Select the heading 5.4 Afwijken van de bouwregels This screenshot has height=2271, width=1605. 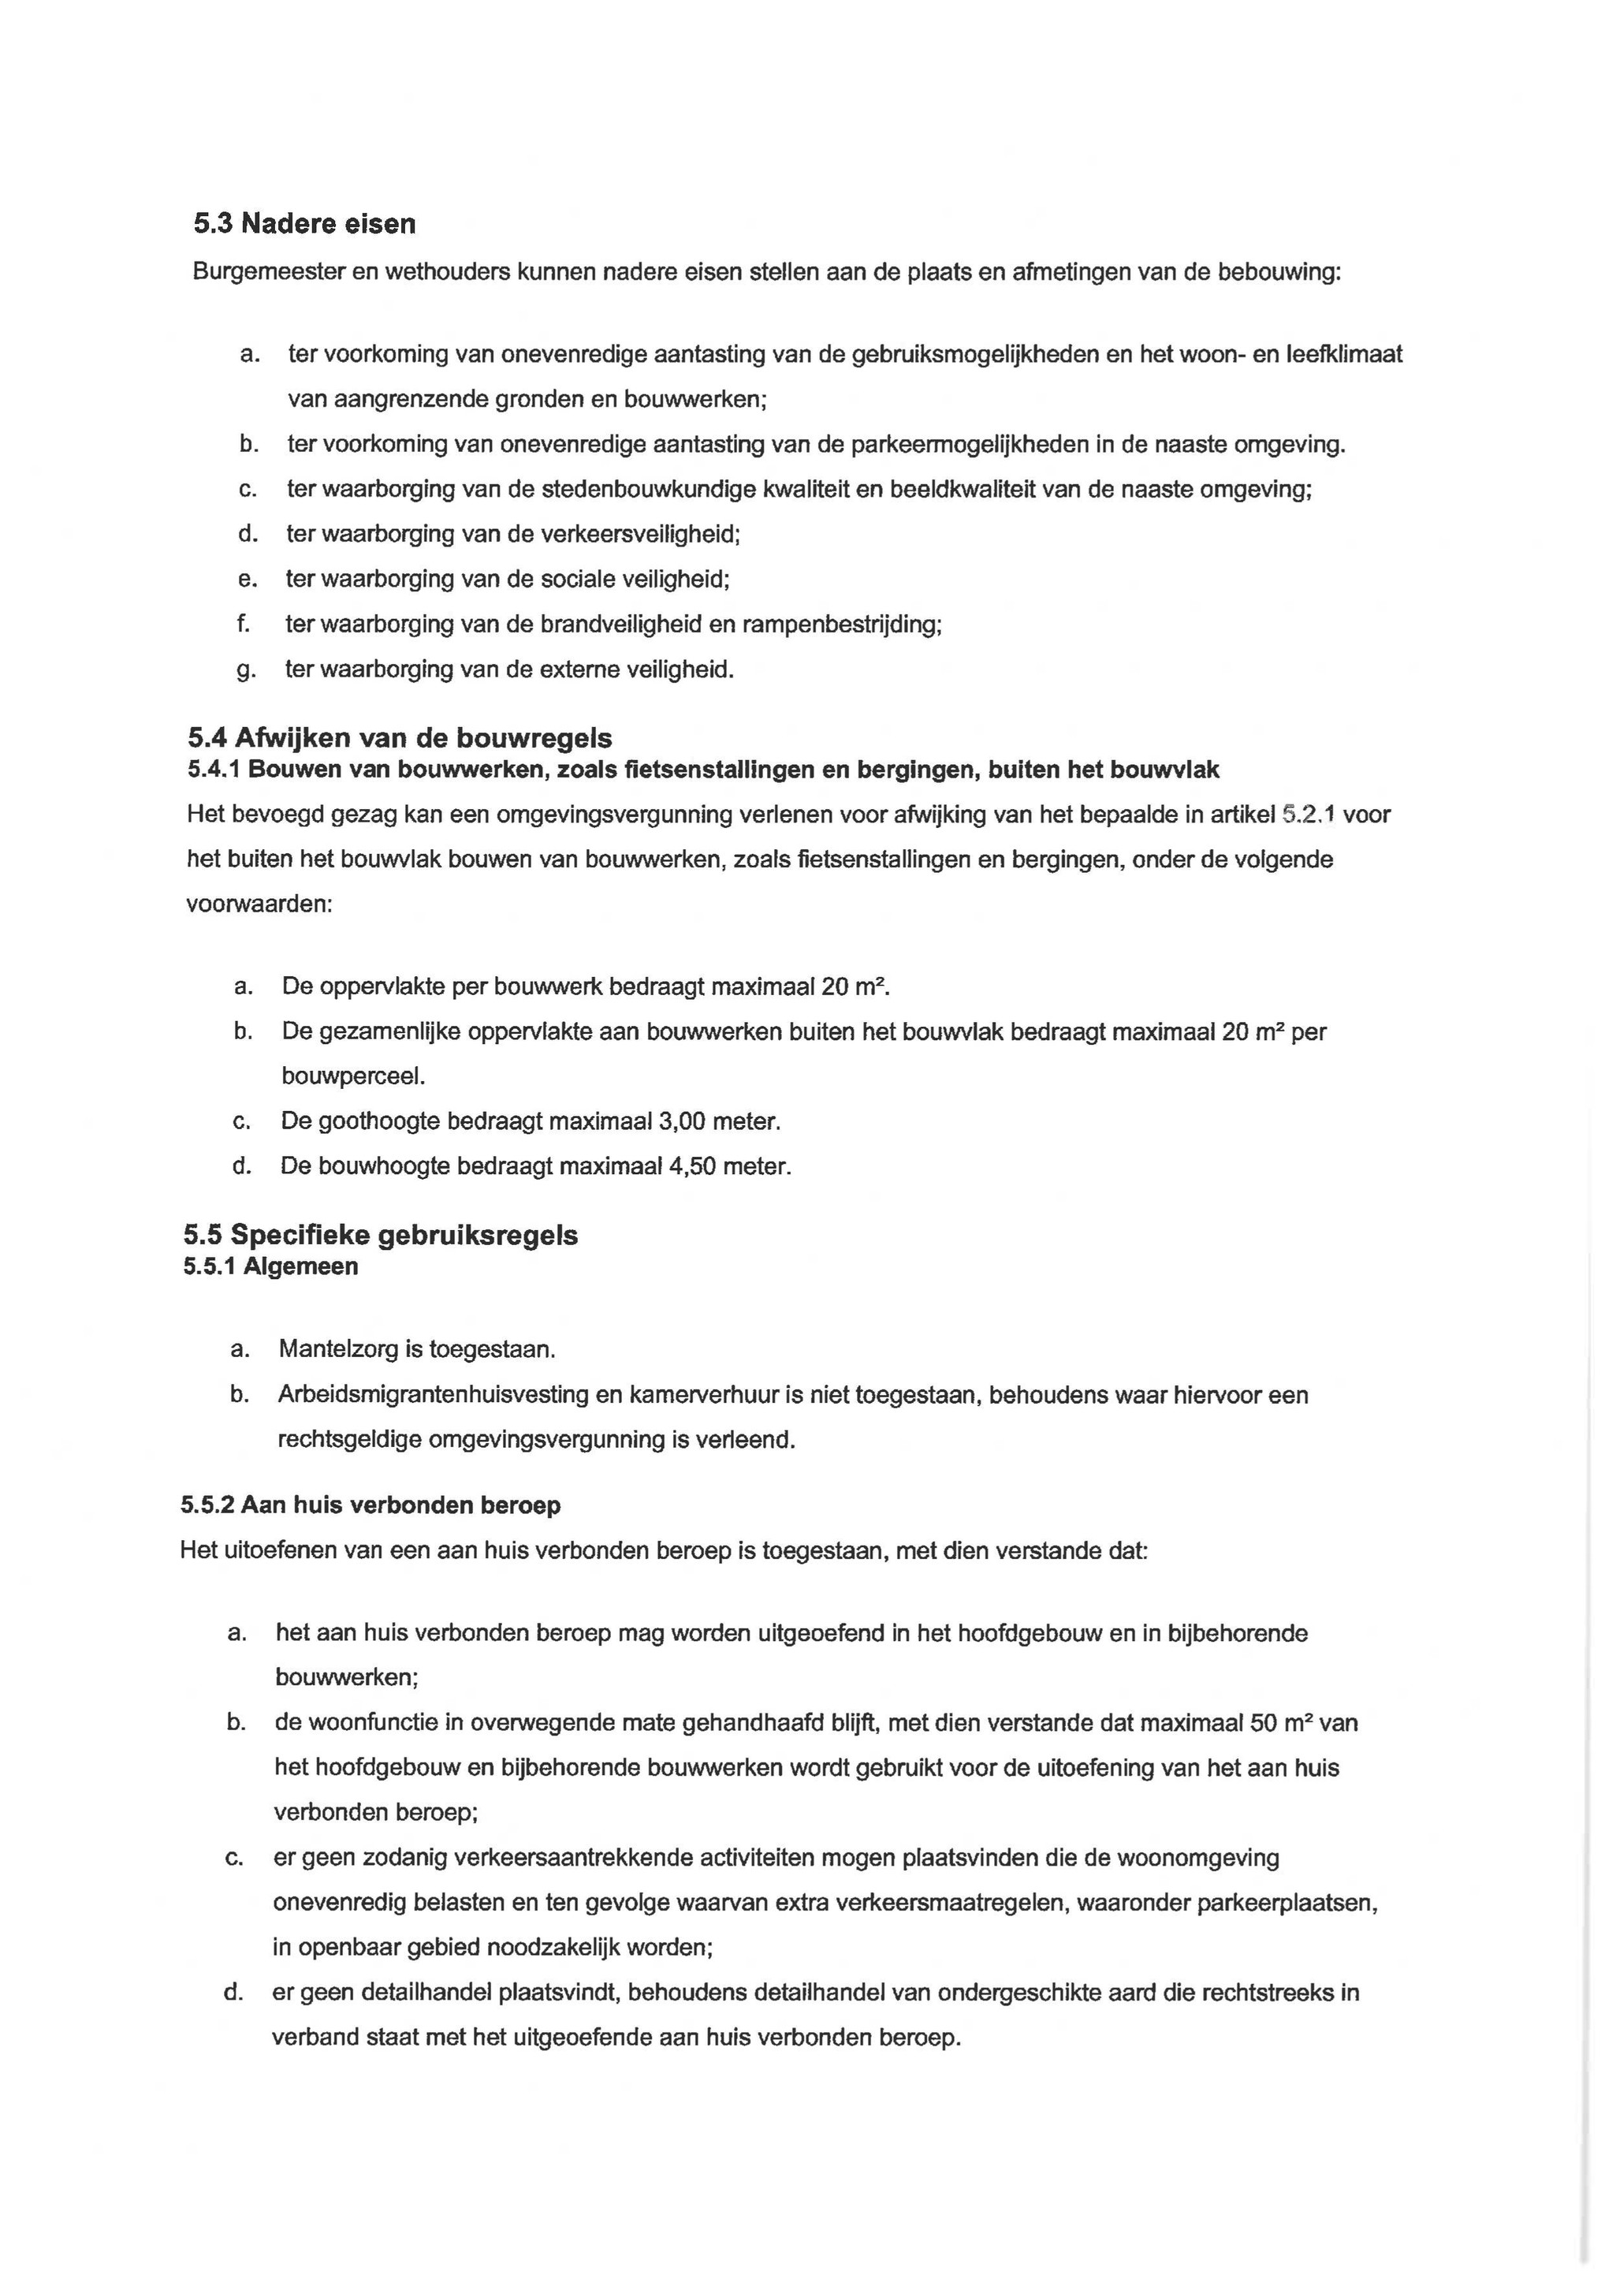[400, 738]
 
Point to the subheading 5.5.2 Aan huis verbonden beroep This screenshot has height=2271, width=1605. [371, 1505]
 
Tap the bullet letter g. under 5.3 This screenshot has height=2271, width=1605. [245, 670]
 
